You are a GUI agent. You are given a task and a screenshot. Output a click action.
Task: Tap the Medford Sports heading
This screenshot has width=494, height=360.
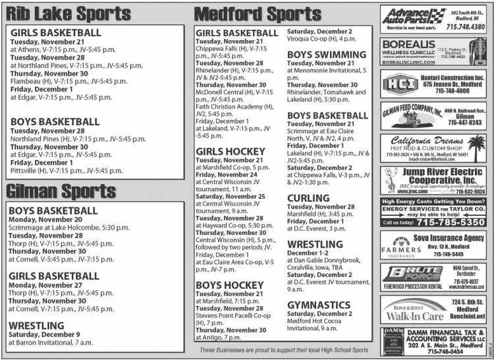(258, 13)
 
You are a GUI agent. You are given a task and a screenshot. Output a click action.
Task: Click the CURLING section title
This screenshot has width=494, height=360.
(308, 197)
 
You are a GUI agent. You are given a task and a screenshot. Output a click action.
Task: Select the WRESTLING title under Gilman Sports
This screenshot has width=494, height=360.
(36, 324)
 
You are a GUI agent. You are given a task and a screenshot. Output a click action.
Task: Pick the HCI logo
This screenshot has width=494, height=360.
(397, 84)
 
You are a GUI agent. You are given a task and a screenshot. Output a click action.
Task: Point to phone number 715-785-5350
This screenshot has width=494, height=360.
(452, 222)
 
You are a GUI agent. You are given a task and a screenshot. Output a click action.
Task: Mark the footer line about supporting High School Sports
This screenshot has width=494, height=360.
(284, 350)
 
